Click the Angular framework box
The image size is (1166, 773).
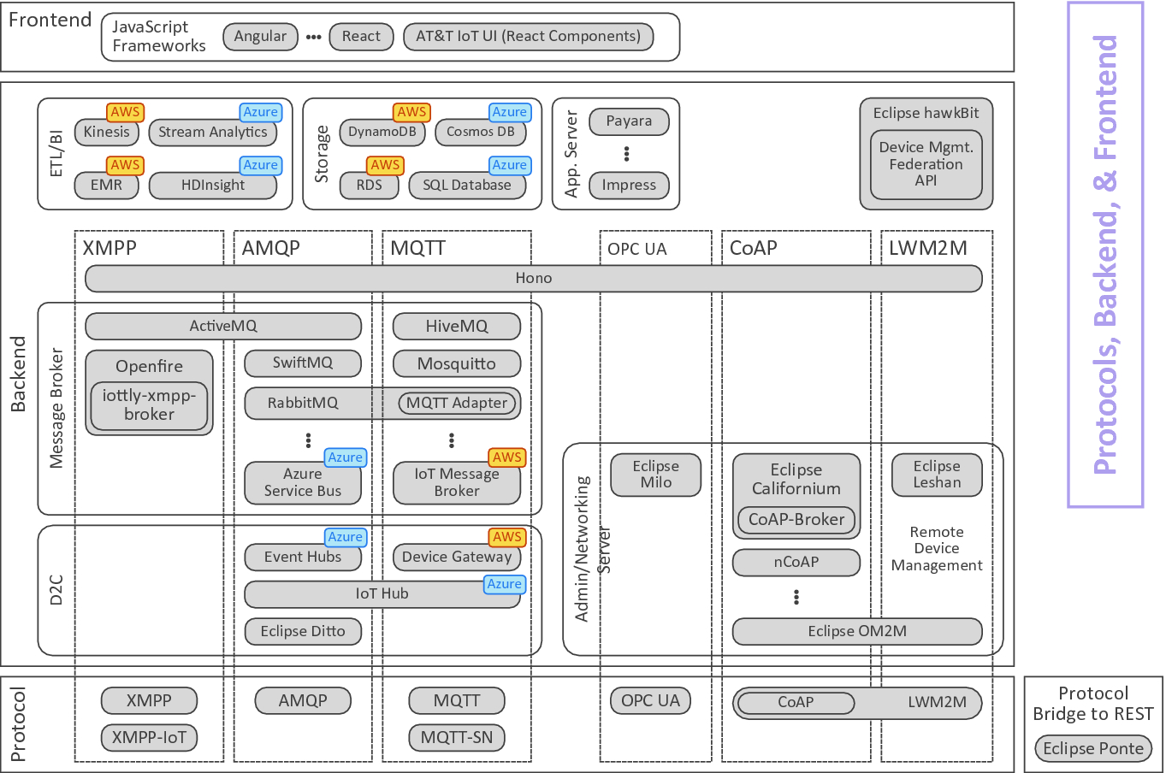point(260,37)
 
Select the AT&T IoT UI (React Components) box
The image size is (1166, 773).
point(528,37)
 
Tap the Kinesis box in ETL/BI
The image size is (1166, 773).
point(107,133)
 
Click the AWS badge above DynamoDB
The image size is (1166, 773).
point(411,112)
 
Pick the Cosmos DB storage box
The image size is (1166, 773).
point(480,133)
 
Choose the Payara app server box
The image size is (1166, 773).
point(629,121)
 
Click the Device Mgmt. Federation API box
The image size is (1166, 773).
point(926,164)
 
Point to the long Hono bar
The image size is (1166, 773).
point(533,278)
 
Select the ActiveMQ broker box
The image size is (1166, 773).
point(222,326)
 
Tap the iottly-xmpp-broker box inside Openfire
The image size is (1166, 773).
point(149,405)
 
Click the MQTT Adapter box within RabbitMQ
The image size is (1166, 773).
point(457,403)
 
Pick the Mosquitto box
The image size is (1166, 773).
point(456,363)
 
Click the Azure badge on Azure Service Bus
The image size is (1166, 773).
point(346,457)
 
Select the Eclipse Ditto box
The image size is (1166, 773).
point(303,631)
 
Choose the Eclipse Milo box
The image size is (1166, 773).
point(655,475)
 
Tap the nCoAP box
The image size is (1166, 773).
point(796,562)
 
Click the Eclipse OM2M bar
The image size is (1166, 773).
point(856,631)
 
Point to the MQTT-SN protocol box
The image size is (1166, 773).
point(456,737)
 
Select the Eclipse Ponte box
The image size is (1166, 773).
point(1092,749)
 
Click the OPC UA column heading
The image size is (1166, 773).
point(636,249)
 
